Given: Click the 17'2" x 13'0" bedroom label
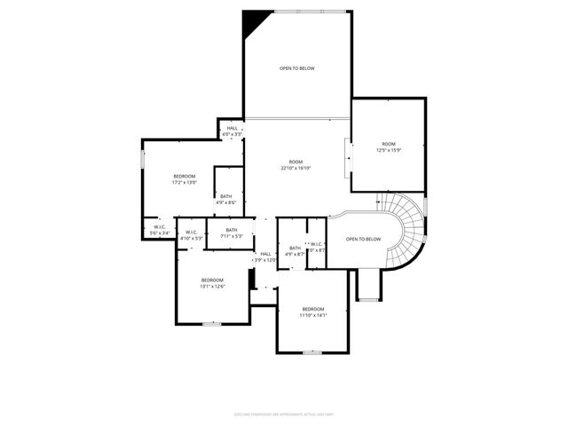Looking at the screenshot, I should click(184, 178).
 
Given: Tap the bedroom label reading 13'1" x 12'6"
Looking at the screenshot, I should click(212, 283).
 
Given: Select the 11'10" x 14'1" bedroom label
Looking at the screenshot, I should click(312, 312).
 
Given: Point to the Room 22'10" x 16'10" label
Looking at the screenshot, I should click(296, 164).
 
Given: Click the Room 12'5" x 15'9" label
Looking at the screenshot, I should click(389, 146).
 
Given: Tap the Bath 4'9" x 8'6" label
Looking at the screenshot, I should click(226, 199).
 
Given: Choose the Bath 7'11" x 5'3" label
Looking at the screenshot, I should click(231, 233).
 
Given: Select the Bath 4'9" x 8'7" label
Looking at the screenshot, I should click(294, 251).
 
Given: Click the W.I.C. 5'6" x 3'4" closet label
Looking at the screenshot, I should click(160, 230).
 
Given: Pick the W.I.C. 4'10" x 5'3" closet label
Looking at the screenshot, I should click(192, 235).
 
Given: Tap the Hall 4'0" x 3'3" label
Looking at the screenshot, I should click(232, 130).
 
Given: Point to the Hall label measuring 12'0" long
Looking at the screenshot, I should click(264, 256).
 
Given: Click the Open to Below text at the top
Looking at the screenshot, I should click(296, 68).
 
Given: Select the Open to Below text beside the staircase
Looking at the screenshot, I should click(363, 239).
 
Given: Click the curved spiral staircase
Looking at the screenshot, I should click(409, 226).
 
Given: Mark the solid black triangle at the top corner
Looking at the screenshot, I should click(254, 20).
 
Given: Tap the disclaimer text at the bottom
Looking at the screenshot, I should click(283, 414).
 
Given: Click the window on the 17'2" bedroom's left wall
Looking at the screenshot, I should click(142, 159).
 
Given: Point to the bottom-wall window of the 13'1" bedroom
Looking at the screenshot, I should click(211, 324).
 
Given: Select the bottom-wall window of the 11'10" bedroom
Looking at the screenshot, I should click(312, 352).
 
